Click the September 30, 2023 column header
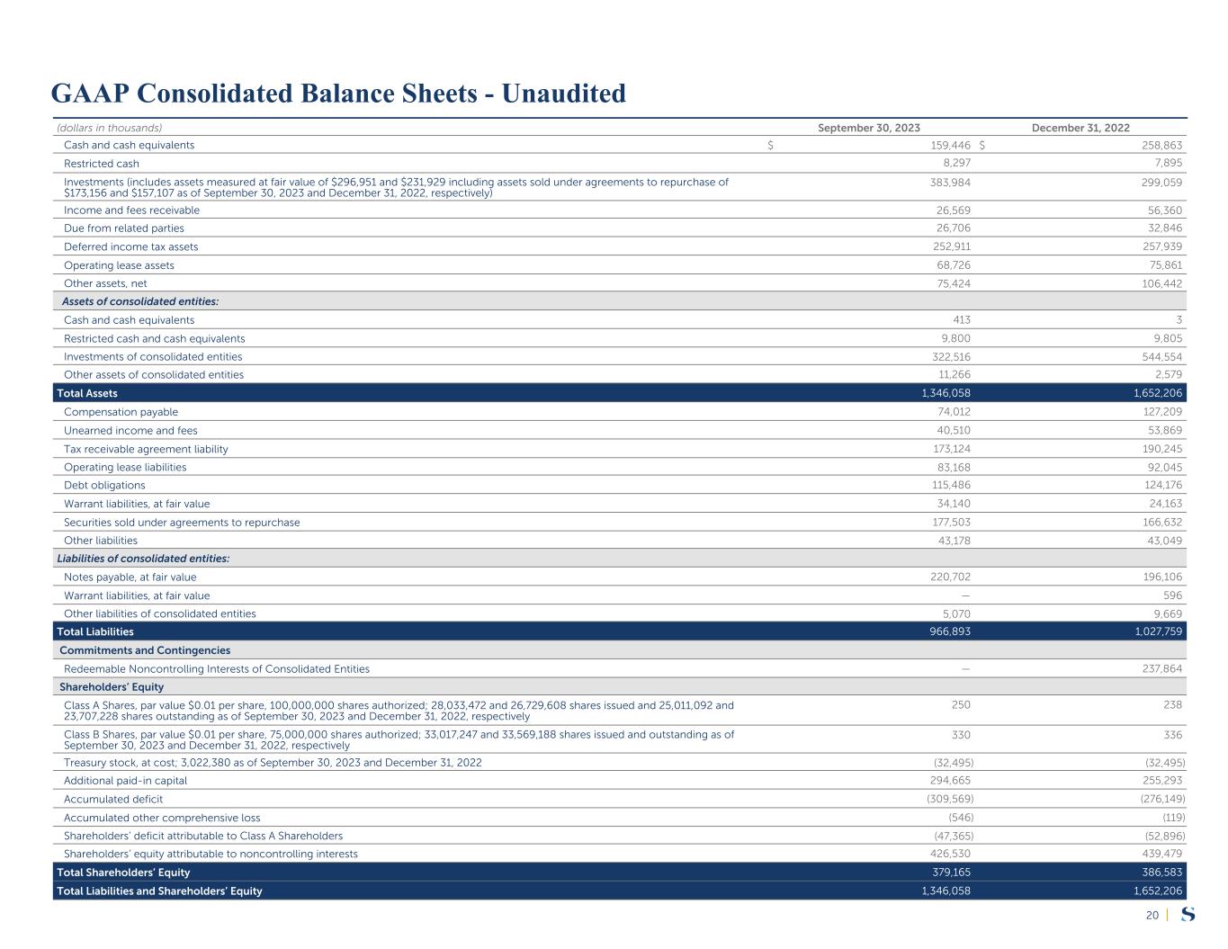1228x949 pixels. pos(868,128)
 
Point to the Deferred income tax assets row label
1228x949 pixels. pos(130,246)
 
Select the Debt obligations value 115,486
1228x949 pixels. pos(949,485)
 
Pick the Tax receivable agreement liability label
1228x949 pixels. pos(146,449)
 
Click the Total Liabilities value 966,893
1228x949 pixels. pos(949,631)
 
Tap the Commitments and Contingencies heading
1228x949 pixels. pos(145,650)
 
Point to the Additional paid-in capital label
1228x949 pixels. pos(125,781)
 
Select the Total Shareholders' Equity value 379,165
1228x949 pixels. pos(949,873)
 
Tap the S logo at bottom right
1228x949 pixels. pos(1188,915)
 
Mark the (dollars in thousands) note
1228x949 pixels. pos(109,128)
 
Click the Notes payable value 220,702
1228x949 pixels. pos(949,577)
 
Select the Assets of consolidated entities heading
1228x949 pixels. pos(140,301)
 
